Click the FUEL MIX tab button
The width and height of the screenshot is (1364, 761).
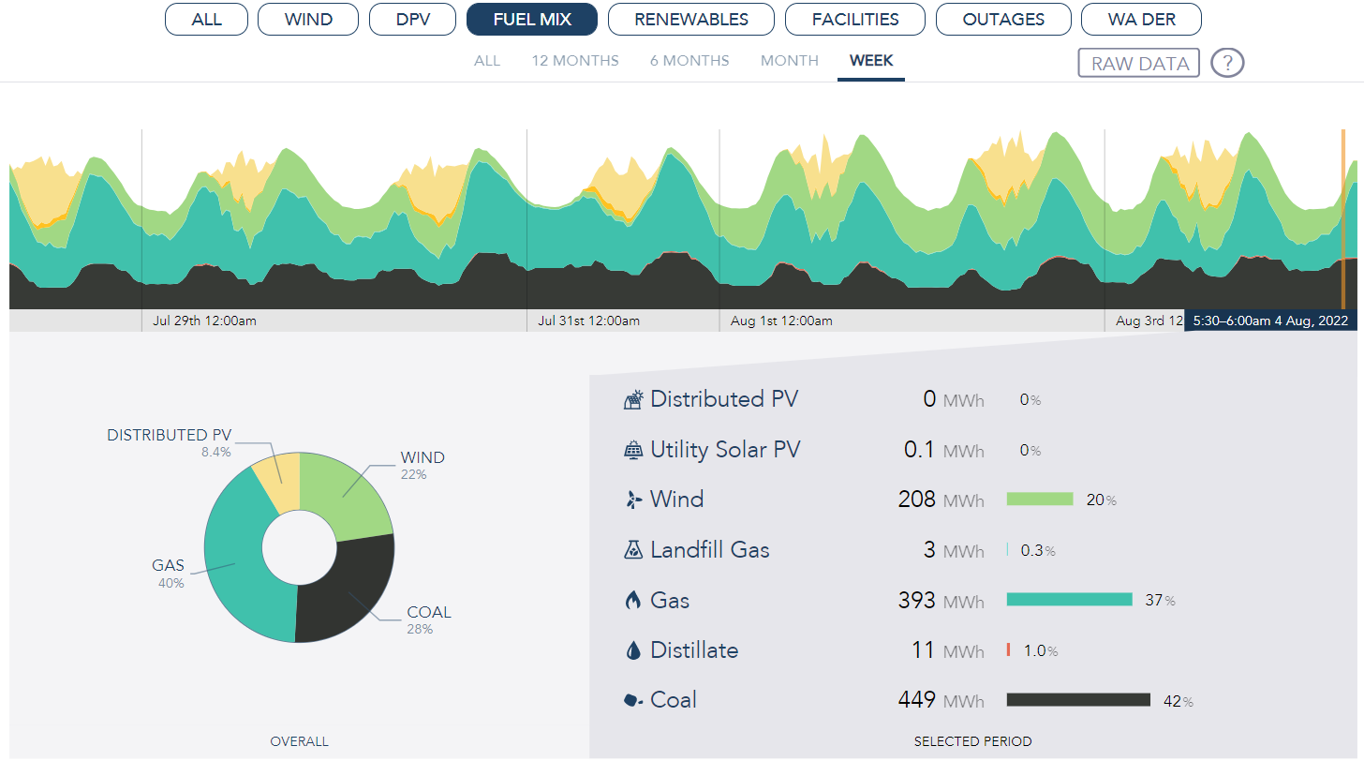pos(532,19)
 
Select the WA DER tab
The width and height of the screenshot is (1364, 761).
pos(1141,19)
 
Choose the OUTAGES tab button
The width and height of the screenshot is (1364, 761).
pos(1003,19)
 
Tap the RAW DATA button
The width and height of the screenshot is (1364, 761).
pos(1139,63)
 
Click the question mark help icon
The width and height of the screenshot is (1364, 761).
pos(1227,63)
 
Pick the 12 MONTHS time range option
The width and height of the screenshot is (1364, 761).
pos(575,61)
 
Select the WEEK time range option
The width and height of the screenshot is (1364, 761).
pos(871,61)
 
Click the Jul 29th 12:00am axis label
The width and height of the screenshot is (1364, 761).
pos(204,321)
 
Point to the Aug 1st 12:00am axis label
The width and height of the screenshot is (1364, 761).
pos(781,321)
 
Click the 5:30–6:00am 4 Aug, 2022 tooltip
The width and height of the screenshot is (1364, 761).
pos(1270,321)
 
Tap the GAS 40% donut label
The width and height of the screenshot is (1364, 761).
pos(169,574)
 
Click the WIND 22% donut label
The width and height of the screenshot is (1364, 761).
pos(423,465)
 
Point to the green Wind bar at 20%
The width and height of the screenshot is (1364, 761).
pos(1039,500)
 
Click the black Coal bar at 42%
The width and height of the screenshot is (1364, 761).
pos(1078,700)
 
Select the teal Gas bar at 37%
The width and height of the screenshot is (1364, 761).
pos(1069,600)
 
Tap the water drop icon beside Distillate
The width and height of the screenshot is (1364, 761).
pos(633,650)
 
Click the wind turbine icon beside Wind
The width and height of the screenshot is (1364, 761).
pos(633,500)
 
